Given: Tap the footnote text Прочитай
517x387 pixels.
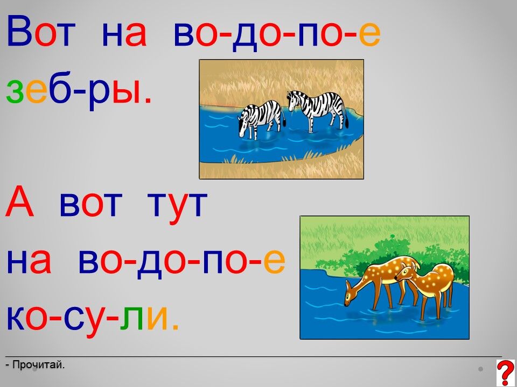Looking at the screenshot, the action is pyautogui.click(x=36, y=364).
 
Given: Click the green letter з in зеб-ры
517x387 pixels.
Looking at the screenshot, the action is pyautogui.click(x=15, y=91).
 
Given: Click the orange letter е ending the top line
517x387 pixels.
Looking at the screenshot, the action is pyautogui.click(x=369, y=34).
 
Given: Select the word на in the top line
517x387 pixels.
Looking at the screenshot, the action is pyautogui.click(x=124, y=34).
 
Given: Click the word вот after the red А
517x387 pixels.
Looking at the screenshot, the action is pyautogui.click(x=90, y=205).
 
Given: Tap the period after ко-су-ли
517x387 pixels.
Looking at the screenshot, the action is pyautogui.click(x=175, y=327).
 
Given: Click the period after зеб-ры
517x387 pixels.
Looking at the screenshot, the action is pyautogui.click(x=148, y=100).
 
